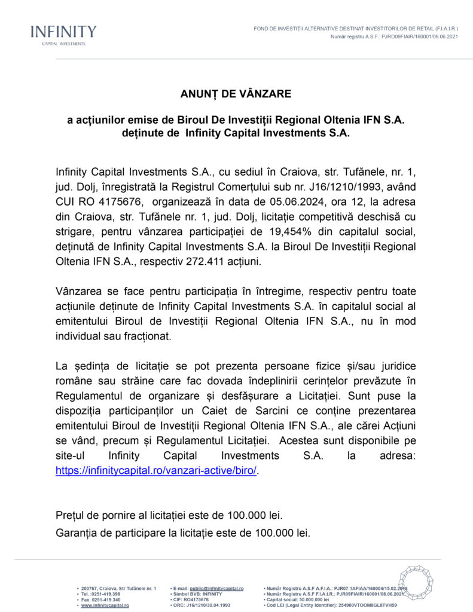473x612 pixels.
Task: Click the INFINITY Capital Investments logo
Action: [63, 34]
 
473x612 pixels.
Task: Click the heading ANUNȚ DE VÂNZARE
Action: [236, 94]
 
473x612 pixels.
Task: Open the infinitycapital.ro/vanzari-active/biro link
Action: [156, 470]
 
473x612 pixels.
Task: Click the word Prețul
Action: [70, 515]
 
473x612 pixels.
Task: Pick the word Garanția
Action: [78, 532]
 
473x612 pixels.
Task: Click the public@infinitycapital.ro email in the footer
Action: [216, 589]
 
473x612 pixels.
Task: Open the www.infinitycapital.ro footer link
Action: [105, 605]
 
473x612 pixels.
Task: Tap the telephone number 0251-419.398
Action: [105, 594]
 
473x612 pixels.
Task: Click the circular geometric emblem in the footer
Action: [416, 583]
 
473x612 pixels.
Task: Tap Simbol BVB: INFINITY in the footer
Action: [197, 594]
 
